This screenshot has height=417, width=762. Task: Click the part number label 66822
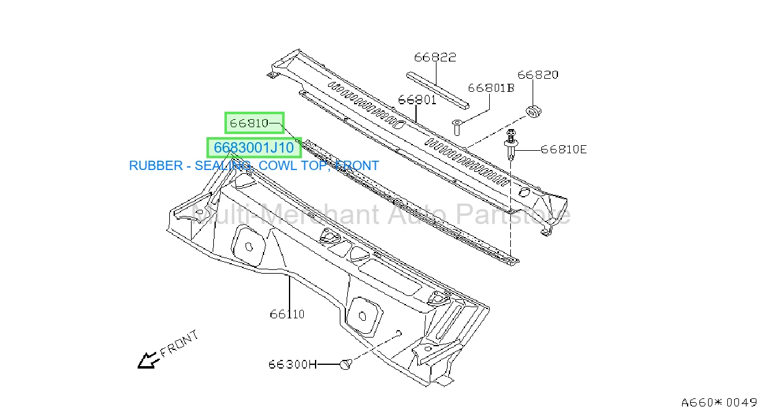(x=435, y=57)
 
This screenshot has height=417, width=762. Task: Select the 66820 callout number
(x=538, y=75)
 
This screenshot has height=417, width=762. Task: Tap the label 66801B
(x=491, y=88)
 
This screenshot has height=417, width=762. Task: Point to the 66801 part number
(x=417, y=100)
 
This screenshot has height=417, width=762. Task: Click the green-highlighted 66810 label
(x=249, y=123)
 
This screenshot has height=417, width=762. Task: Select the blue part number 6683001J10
(x=254, y=148)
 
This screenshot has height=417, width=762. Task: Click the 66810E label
(x=564, y=150)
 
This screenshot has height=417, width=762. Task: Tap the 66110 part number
(x=287, y=314)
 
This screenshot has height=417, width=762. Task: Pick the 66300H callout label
(x=293, y=365)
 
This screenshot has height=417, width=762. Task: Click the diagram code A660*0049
(x=719, y=403)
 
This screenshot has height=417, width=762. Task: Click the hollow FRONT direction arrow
(x=148, y=361)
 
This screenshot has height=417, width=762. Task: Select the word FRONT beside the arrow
(x=179, y=344)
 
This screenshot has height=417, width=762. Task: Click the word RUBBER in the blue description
(x=156, y=166)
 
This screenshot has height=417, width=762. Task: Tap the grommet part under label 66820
(x=533, y=112)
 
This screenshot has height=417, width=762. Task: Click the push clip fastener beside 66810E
(x=511, y=145)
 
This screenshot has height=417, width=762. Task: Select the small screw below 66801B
(x=456, y=127)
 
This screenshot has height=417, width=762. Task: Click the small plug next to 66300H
(x=345, y=365)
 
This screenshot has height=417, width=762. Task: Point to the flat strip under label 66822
(x=438, y=91)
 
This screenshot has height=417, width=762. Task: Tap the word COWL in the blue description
(x=276, y=166)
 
